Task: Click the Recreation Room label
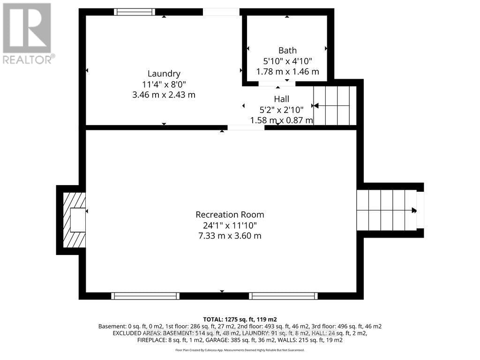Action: (x=230, y=215)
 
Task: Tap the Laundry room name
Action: (x=164, y=74)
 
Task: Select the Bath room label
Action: (x=287, y=51)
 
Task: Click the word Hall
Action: (x=281, y=99)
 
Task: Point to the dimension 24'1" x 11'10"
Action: (x=230, y=225)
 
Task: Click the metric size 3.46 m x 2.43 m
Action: (x=164, y=95)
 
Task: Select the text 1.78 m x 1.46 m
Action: (x=287, y=72)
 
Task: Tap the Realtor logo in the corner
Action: (x=27, y=33)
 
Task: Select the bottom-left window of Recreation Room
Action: (x=145, y=296)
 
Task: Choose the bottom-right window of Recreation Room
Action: (x=283, y=296)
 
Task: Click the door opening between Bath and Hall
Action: (x=277, y=84)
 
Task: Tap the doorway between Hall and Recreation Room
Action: (x=246, y=127)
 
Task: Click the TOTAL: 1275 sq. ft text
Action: (x=240, y=319)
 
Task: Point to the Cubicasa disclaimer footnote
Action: (x=240, y=350)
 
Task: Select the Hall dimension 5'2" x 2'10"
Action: (x=281, y=110)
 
